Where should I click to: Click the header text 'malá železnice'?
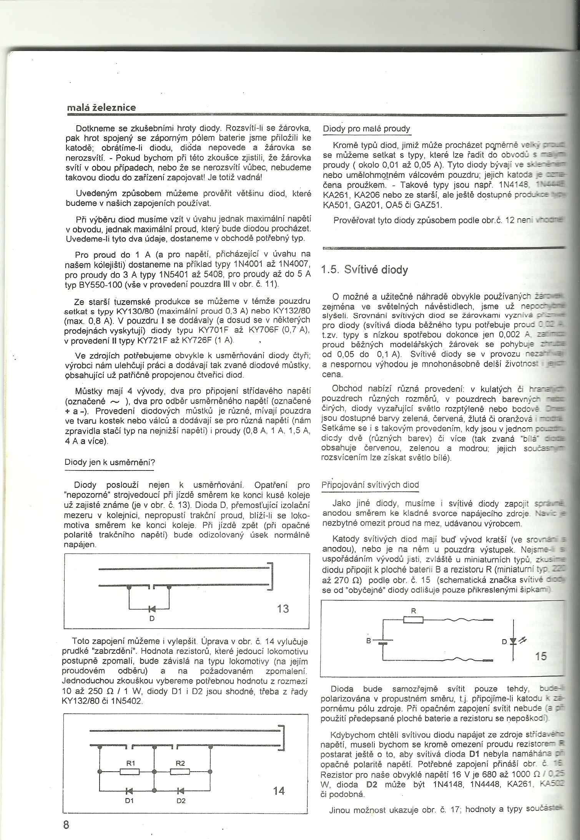[101, 108]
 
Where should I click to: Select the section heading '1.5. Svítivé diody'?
[364, 270]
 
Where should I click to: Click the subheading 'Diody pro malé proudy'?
[366, 129]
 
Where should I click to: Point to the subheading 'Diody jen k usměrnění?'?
[109, 462]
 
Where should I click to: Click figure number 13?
[283, 608]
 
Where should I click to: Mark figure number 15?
[540, 656]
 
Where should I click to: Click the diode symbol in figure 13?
[151, 608]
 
